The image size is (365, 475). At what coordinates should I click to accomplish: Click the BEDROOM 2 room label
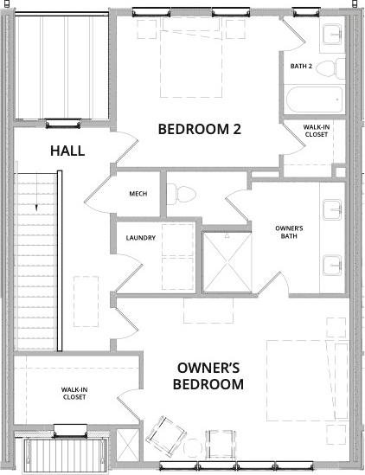[x=200, y=129]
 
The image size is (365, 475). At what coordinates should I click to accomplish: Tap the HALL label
[x=67, y=151]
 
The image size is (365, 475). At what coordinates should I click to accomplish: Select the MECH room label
[x=138, y=194]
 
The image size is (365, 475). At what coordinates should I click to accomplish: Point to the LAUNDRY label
[x=140, y=238]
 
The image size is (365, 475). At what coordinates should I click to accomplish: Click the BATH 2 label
[x=301, y=66]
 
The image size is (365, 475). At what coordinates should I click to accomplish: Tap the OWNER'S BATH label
[x=289, y=232]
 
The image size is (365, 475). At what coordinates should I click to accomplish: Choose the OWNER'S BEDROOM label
[x=208, y=376]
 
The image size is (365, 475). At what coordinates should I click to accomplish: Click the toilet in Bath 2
[x=330, y=67]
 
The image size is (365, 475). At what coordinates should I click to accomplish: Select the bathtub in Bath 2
[x=315, y=99]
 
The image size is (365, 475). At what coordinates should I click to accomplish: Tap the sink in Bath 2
[x=332, y=35]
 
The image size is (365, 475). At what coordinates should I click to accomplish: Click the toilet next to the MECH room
[x=181, y=194]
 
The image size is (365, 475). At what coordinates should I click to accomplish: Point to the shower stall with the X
[x=227, y=262]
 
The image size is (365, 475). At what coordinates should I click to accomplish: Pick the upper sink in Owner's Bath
[x=332, y=209]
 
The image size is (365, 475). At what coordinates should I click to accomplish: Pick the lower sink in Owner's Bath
[x=332, y=266]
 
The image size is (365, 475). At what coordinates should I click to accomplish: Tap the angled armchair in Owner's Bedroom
[x=165, y=434]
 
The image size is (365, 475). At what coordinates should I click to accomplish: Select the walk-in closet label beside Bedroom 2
[x=317, y=131]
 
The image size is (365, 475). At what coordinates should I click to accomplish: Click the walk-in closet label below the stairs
[x=74, y=393]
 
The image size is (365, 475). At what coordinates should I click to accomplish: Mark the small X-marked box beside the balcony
[x=128, y=445]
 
